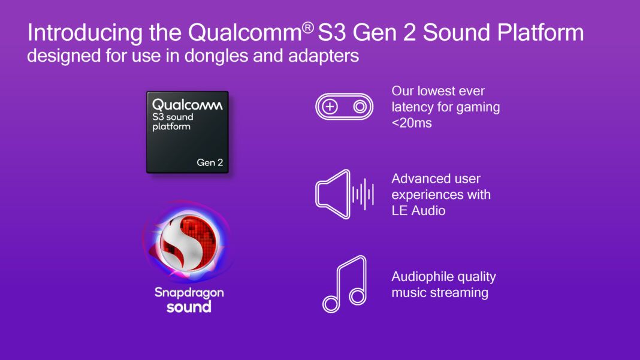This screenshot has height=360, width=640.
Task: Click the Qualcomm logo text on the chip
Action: click(187, 105)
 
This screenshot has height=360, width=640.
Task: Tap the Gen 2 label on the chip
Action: click(209, 162)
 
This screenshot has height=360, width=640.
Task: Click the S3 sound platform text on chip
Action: click(173, 122)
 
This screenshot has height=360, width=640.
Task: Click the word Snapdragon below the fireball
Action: click(189, 292)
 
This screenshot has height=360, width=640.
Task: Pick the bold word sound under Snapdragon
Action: click(189, 307)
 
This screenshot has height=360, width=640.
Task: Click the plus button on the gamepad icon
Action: click(330, 107)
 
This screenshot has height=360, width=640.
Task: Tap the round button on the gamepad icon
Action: click(360, 107)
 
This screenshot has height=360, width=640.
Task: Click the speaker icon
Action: click(333, 193)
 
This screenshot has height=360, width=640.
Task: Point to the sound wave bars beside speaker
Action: click(363, 194)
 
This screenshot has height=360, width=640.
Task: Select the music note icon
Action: click(345, 284)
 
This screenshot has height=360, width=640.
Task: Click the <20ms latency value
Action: click(412, 123)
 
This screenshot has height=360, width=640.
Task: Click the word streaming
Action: click(459, 293)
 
